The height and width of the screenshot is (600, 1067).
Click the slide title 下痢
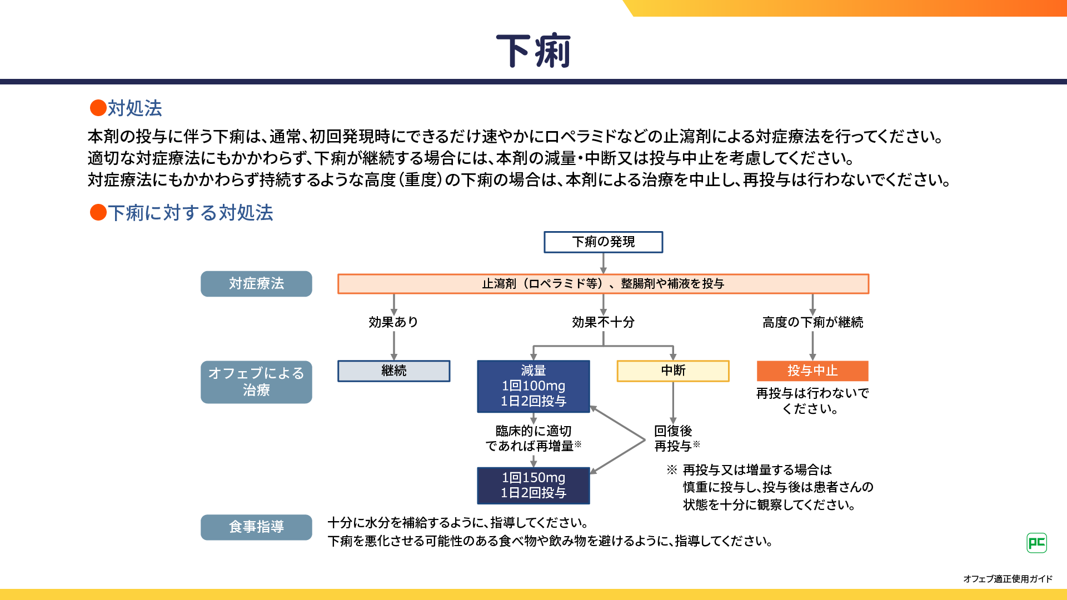(x=533, y=51)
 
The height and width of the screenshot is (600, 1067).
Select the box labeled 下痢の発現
(x=603, y=242)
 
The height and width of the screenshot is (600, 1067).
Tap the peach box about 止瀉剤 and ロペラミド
(x=603, y=284)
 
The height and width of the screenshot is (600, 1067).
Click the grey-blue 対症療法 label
(x=256, y=284)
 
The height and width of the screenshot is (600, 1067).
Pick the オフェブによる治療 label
(x=256, y=382)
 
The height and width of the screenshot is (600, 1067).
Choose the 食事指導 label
(x=256, y=527)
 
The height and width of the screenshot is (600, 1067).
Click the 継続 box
(x=393, y=371)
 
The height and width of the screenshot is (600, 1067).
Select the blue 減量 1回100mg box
(x=533, y=386)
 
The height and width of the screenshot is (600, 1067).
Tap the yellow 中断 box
(x=673, y=371)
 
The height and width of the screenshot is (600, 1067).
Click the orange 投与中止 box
(x=812, y=371)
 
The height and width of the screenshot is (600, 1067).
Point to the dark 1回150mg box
(x=533, y=485)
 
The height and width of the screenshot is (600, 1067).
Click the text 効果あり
(x=393, y=322)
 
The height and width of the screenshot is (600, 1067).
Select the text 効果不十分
(x=603, y=322)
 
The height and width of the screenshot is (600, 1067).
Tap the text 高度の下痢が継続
(x=812, y=322)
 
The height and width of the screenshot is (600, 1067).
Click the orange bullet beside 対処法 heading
(x=98, y=108)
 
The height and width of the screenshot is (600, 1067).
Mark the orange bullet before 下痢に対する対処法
(x=98, y=212)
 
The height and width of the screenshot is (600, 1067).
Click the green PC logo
(x=1036, y=543)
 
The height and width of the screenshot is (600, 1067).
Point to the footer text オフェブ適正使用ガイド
(x=1008, y=579)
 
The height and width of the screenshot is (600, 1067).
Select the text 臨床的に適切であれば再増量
(x=533, y=438)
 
